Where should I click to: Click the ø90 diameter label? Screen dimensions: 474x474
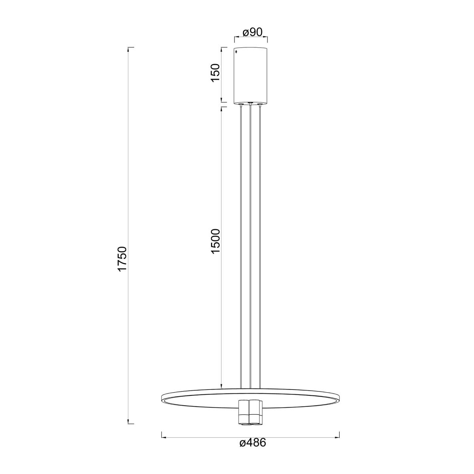(253, 32)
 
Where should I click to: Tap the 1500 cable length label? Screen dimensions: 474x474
(215, 241)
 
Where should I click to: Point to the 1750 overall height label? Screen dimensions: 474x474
(122, 259)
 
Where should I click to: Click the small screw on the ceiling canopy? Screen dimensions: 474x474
(236, 52)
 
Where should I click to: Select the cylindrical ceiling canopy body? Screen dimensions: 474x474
(250, 75)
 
